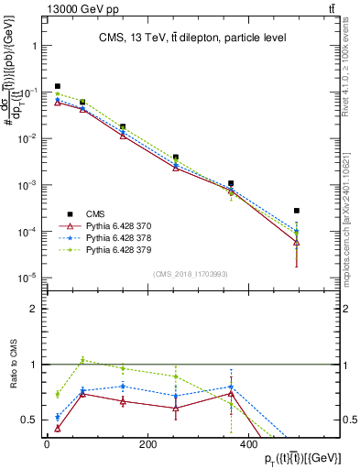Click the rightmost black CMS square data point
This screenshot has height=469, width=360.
(x=296, y=211)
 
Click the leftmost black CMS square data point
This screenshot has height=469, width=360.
(x=57, y=86)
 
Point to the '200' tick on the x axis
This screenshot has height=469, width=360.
(x=147, y=444)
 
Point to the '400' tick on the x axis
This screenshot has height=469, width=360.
(x=248, y=444)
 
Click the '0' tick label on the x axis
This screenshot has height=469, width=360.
(x=47, y=444)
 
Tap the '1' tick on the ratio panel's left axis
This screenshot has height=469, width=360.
(x=34, y=365)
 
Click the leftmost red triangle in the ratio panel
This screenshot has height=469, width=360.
(x=57, y=428)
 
